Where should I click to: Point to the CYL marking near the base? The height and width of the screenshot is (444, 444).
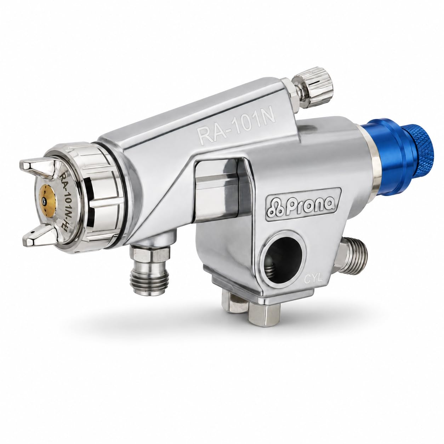click(x=313, y=280)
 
